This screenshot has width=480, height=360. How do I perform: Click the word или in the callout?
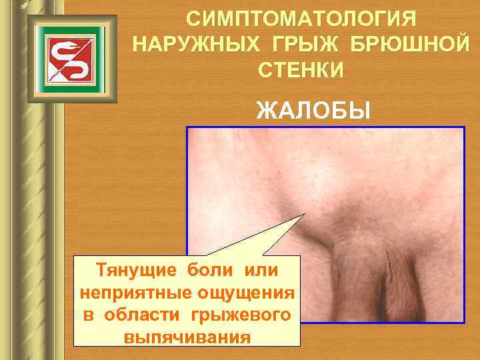[261, 271]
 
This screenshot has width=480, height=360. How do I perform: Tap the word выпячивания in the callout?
[187, 335]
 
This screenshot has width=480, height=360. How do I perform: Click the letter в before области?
[89, 314]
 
